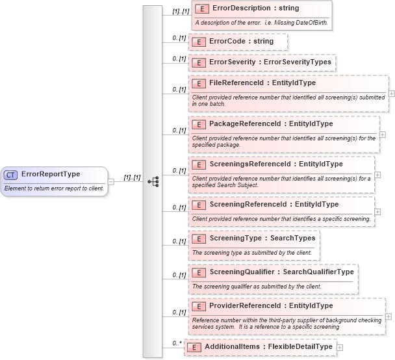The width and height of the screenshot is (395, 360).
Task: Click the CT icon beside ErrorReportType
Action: (x=11, y=175)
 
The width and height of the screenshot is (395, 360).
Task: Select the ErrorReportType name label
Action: (x=51, y=174)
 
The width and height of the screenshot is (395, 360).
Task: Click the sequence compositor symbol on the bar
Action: (x=153, y=181)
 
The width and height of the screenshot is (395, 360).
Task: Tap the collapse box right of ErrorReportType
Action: (x=111, y=181)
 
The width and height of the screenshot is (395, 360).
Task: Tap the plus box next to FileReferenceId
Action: (x=391, y=93)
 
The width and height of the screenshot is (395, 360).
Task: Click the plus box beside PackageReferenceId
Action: (x=382, y=135)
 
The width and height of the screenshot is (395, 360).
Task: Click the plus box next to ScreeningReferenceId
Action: (x=377, y=211)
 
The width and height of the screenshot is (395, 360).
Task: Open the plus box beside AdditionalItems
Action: (x=340, y=348)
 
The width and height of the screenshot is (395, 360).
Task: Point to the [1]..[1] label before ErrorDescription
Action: (x=180, y=12)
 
